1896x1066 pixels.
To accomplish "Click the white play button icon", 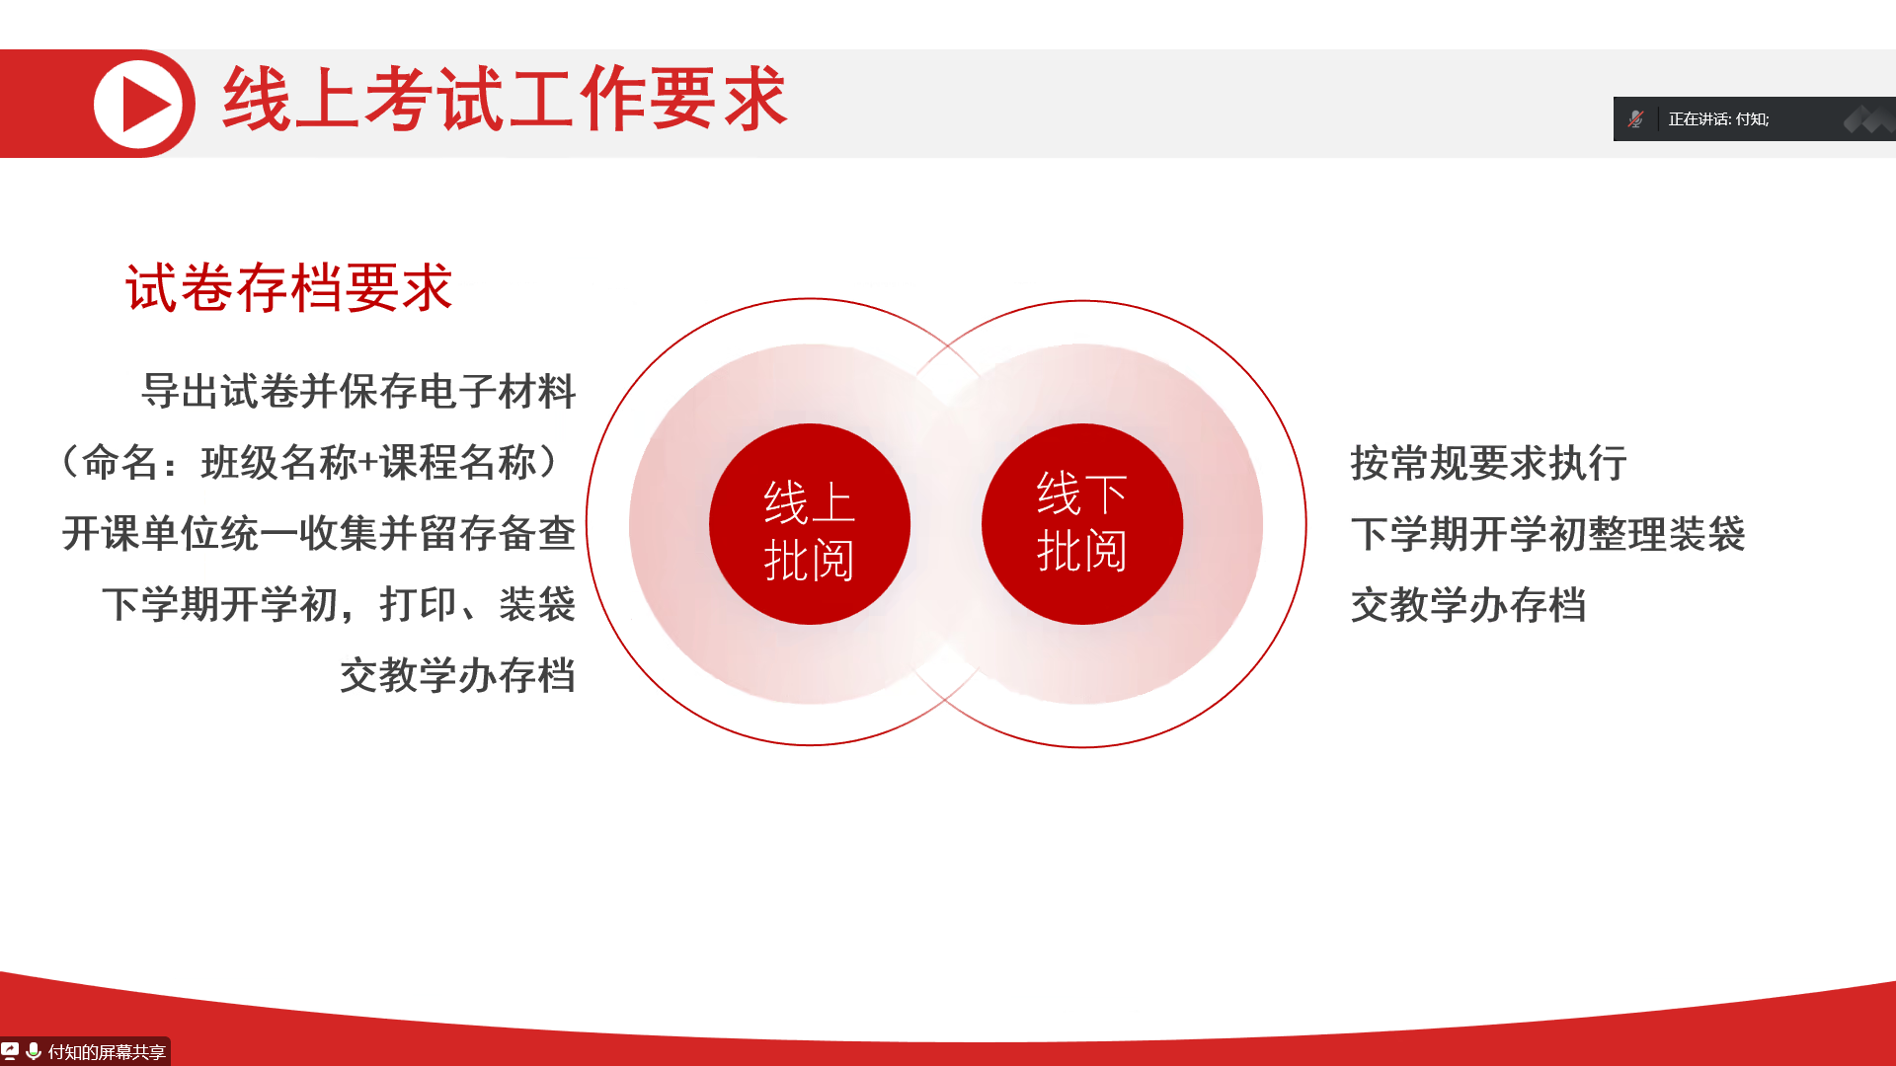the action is click(138, 104).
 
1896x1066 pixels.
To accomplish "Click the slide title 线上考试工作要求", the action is click(505, 99).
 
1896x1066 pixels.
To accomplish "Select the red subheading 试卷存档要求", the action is click(288, 288).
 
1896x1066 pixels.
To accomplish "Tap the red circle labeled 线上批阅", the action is click(810, 524).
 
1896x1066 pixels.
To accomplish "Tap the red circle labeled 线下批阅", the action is click(1082, 524).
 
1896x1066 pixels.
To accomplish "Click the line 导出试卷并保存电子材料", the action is click(358, 391).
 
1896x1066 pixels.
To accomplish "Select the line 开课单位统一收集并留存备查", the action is click(319, 533).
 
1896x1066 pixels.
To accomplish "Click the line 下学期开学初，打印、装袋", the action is click(339, 604).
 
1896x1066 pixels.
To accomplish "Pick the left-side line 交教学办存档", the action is click(458, 675).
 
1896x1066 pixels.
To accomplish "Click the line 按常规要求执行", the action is click(1489, 463).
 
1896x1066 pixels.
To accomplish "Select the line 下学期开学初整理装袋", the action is click(1548, 534).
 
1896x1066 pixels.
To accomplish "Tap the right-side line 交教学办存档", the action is click(1468, 605).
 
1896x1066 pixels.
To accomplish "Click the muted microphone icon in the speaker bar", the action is click(1636, 119).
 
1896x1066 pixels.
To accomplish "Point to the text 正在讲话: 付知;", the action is click(1719, 119).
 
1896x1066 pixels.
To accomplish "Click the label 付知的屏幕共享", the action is click(107, 1052).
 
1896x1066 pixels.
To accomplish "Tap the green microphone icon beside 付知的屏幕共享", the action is click(34, 1051).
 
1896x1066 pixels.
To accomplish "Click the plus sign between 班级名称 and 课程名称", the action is click(368, 463).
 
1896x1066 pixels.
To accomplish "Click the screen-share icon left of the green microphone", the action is click(10, 1051).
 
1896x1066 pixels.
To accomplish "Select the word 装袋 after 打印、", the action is click(537, 604).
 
